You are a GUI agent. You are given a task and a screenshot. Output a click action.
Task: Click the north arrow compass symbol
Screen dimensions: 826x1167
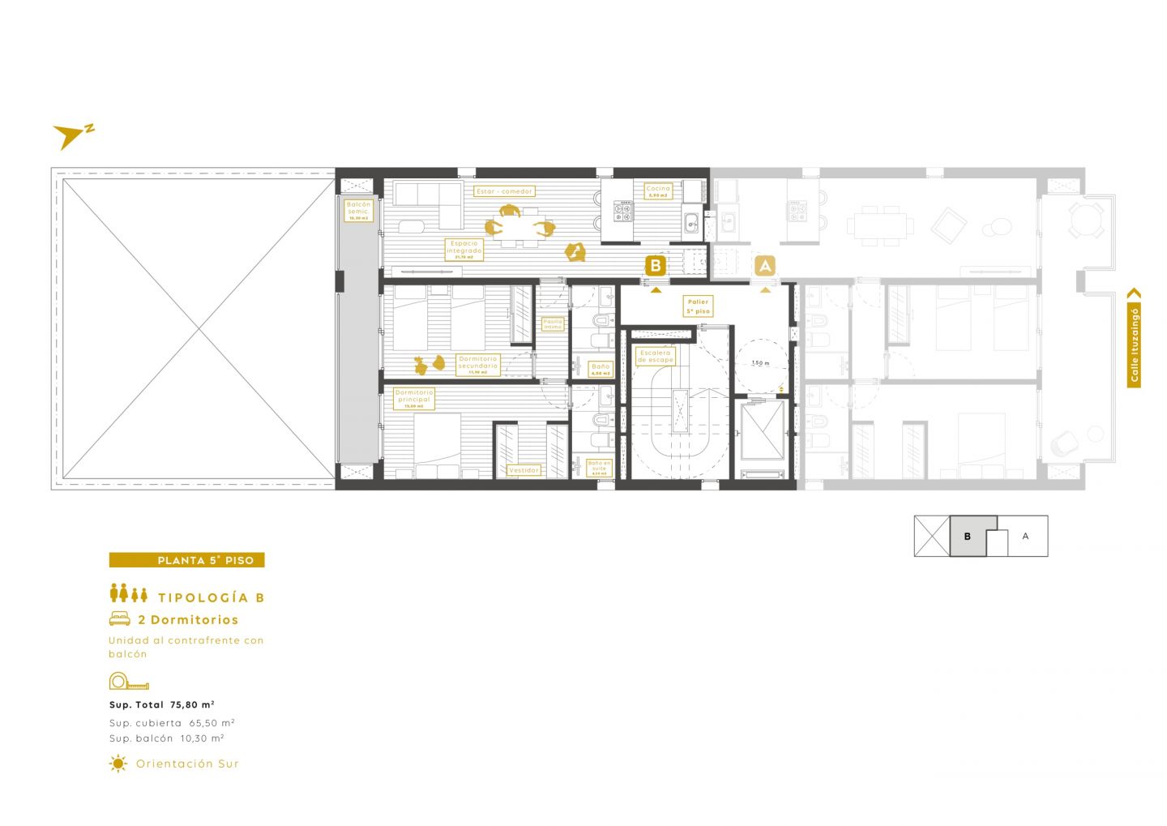pyautogui.click(x=71, y=136)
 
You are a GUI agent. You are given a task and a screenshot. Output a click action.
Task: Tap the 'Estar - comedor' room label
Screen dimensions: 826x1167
pyautogui.click(x=504, y=191)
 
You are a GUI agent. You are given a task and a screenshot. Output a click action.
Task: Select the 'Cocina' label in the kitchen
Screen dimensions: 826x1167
pyautogui.click(x=658, y=191)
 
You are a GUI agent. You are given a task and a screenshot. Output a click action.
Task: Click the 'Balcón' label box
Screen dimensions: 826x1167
pyautogui.click(x=358, y=211)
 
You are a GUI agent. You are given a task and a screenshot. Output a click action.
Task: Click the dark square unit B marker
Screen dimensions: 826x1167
pyautogui.click(x=656, y=265)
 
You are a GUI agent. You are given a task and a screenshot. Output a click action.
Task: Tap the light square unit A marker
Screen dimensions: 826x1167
pyautogui.click(x=765, y=265)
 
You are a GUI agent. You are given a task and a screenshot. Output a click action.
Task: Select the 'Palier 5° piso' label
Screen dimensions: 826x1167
pyautogui.click(x=698, y=306)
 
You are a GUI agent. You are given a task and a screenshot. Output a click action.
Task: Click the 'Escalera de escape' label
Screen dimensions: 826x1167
pyautogui.click(x=655, y=357)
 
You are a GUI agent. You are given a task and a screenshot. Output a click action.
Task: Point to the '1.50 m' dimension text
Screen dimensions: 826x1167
pyautogui.click(x=760, y=363)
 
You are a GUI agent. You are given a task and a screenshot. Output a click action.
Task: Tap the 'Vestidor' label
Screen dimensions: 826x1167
pyautogui.click(x=524, y=470)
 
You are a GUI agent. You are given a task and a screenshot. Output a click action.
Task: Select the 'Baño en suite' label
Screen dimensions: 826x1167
pyautogui.click(x=599, y=468)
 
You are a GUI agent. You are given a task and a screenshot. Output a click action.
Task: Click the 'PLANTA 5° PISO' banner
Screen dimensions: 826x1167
pyautogui.click(x=187, y=560)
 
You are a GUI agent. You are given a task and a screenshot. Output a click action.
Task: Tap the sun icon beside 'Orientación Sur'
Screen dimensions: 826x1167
pyautogui.click(x=118, y=764)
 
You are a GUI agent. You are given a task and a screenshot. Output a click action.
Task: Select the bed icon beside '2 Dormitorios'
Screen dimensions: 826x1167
pyautogui.click(x=120, y=619)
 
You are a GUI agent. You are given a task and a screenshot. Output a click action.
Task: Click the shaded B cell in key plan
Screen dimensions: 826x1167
pyautogui.click(x=968, y=537)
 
